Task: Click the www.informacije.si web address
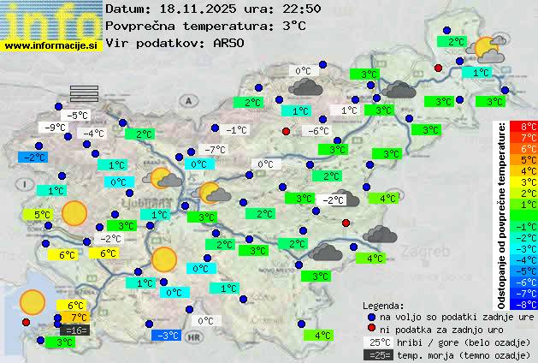coord(51,45)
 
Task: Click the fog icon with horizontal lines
coord(85,93)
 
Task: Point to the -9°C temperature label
coord(56,128)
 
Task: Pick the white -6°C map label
coord(318,131)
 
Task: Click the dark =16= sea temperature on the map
coord(75,330)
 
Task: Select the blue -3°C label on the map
coord(167,335)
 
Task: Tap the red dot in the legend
coord(370,329)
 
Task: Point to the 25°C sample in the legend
coord(377,342)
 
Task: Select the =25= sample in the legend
coord(377,354)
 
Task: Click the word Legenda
coord(383,305)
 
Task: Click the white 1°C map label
coord(349,110)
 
